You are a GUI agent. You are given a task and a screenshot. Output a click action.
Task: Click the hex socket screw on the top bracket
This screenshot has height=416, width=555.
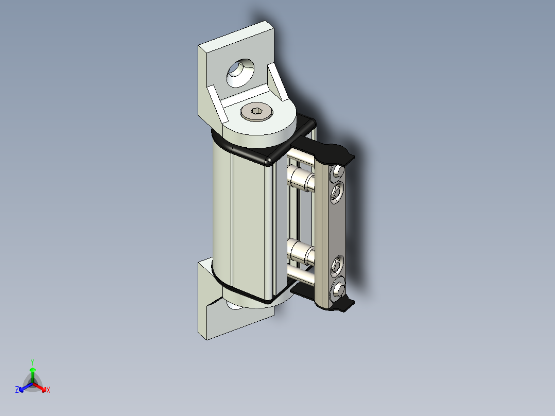pos(256,111)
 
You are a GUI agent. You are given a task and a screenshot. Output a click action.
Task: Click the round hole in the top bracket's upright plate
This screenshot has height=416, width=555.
pos(239,73)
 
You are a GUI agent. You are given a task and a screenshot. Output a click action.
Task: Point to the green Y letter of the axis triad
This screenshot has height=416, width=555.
pos(32,362)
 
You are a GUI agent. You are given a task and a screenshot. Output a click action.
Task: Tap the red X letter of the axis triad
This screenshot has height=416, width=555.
pos(48,390)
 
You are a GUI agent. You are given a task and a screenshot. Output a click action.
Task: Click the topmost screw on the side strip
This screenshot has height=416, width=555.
pos(338,171)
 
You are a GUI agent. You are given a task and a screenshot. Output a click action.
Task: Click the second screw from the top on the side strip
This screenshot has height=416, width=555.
pos(337,193)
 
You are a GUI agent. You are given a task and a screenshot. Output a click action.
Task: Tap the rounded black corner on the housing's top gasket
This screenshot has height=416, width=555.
pos(268,160)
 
